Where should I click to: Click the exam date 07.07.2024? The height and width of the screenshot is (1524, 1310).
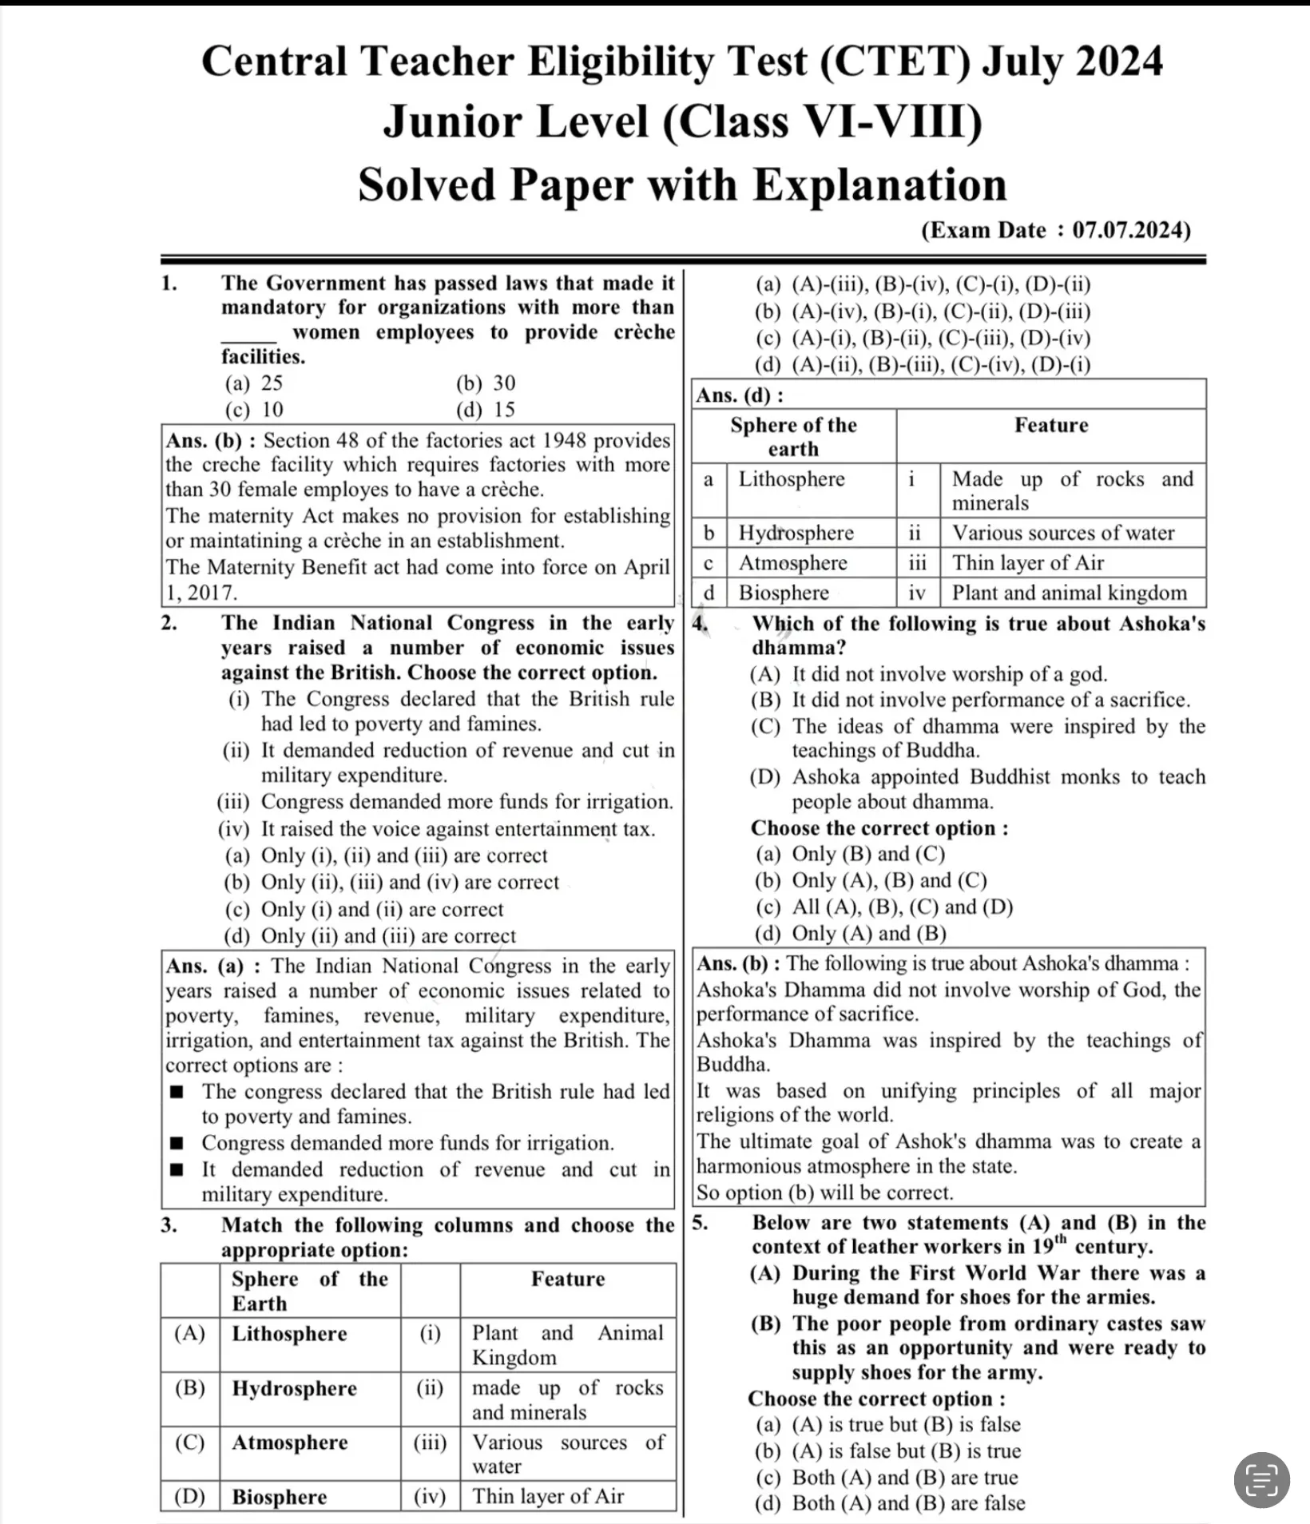pos(1130,231)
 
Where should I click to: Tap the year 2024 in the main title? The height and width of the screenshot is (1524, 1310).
pos(1118,62)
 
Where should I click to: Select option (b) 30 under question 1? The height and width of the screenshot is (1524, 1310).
pos(486,383)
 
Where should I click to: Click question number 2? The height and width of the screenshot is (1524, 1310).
pos(169,623)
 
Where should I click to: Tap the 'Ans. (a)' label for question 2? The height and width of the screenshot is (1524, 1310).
pos(204,966)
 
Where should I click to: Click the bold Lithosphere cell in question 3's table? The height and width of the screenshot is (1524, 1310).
pos(289,1334)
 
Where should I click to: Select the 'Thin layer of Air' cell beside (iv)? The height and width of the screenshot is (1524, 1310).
pos(547,1496)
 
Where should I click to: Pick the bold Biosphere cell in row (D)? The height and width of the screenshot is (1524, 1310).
pos(279,1497)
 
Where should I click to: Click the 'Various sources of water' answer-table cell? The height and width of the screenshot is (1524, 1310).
pos(1062,533)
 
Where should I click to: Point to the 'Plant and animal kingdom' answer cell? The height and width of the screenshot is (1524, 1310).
pos(1069,593)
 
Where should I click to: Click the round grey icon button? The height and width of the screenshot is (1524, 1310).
pos(1261,1479)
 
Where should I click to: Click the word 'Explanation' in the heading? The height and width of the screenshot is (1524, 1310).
pos(879,185)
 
